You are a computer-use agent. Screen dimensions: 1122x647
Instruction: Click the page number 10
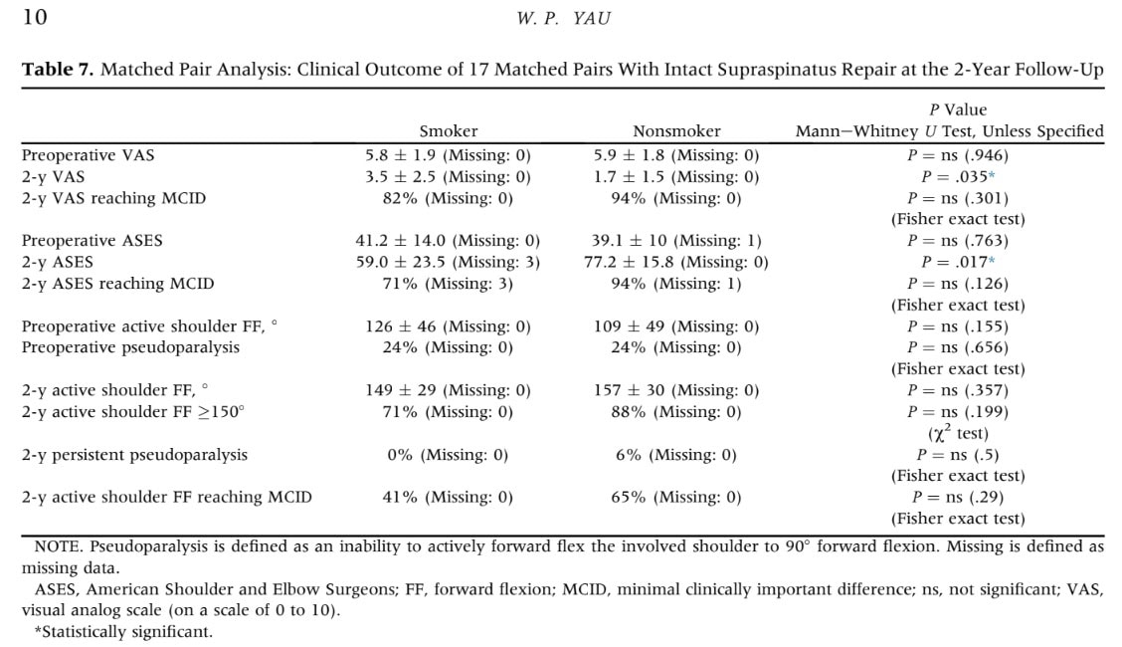(x=35, y=17)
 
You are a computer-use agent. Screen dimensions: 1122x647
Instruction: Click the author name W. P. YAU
(x=564, y=19)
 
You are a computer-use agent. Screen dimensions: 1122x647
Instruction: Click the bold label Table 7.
(x=58, y=70)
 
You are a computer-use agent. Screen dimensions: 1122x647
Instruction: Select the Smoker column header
(x=448, y=131)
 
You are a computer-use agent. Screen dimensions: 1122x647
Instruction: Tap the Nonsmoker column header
(x=676, y=131)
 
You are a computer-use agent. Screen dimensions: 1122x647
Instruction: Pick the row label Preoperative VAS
(x=88, y=155)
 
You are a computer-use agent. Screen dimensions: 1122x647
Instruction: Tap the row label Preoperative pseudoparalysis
(x=130, y=347)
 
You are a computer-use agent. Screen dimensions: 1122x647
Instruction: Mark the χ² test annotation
(x=958, y=433)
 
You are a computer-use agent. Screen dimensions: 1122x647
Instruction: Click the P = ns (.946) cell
(x=958, y=155)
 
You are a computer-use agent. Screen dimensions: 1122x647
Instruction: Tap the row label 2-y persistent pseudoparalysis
(x=134, y=455)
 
